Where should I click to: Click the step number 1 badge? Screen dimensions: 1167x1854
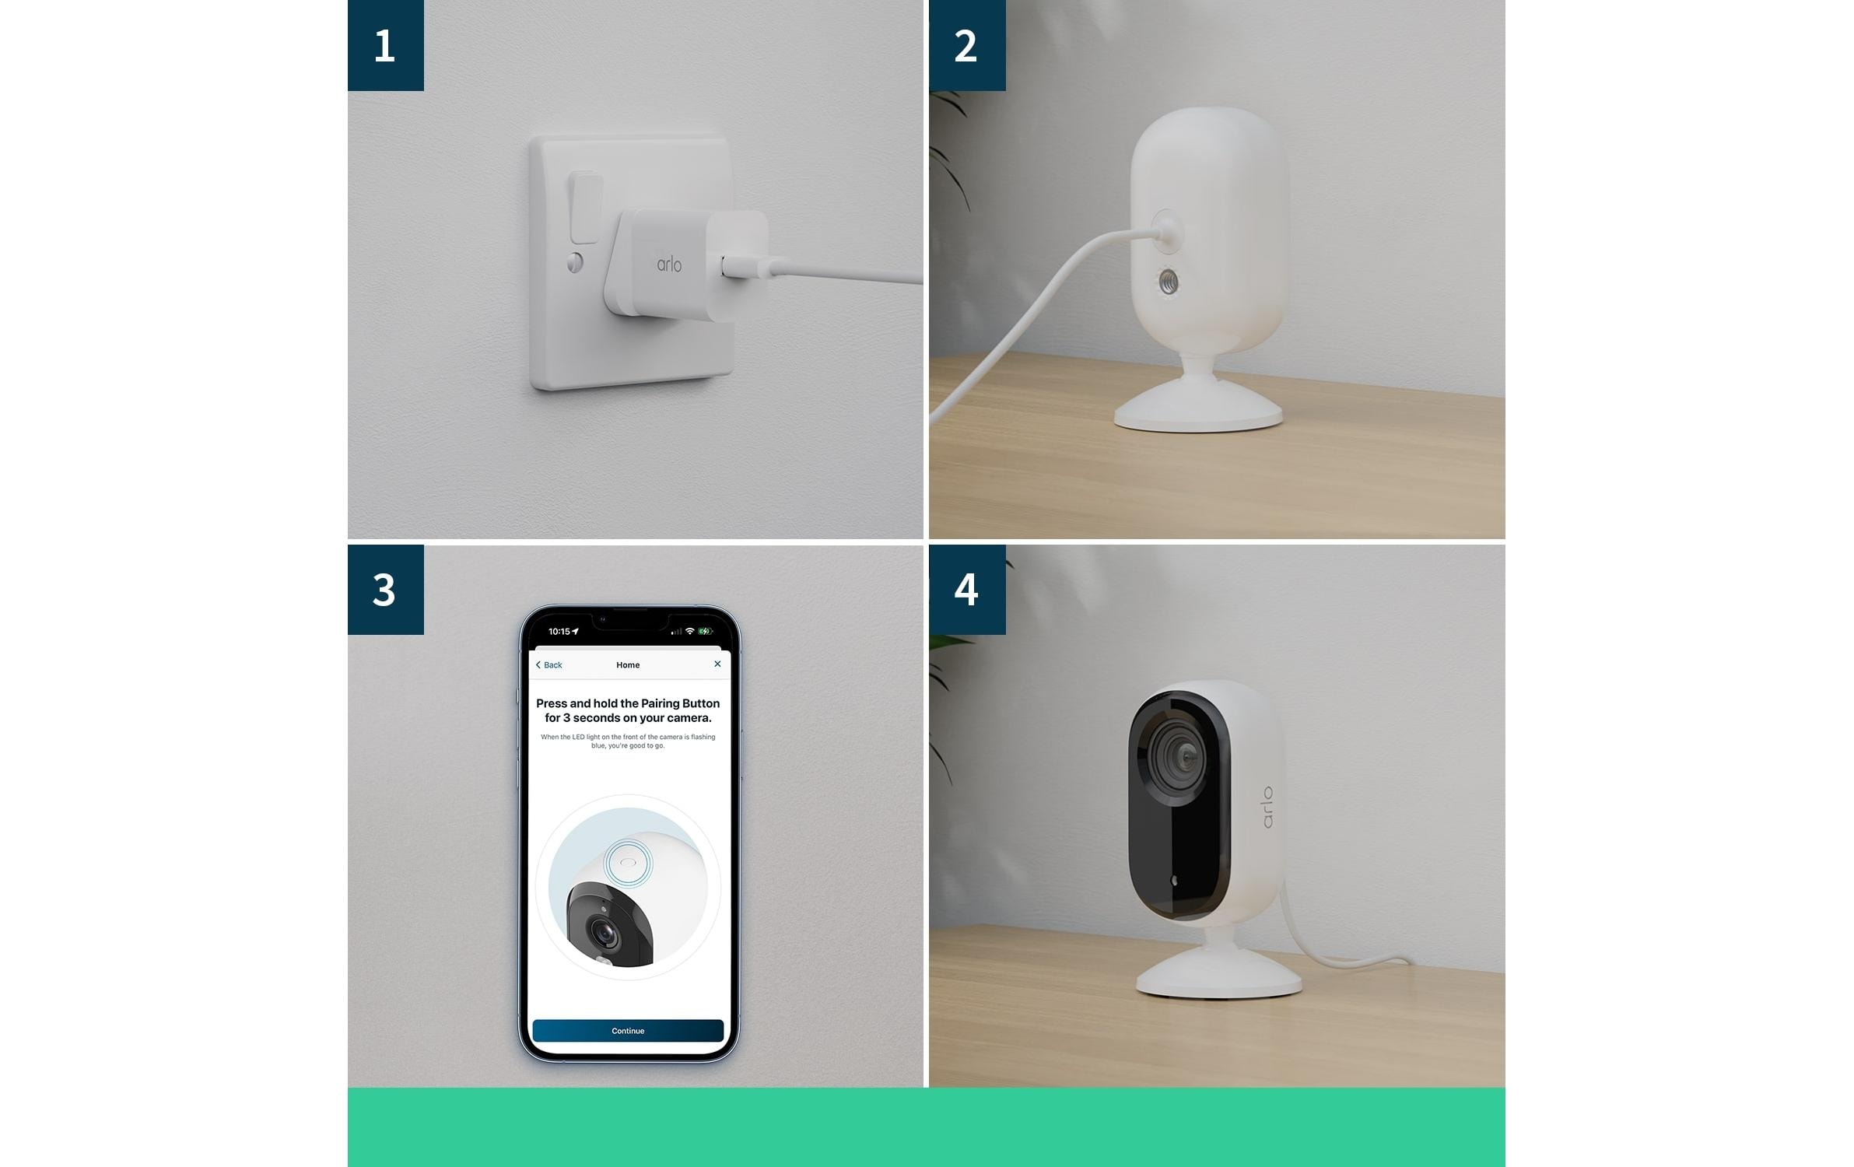[x=385, y=45]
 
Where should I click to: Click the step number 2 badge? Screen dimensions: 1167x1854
[x=966, y=45]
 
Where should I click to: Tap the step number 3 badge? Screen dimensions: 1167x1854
[x=385, y=589]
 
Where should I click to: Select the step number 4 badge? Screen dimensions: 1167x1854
[x=966, y=589]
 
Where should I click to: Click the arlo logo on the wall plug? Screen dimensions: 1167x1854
[x=669, y=265]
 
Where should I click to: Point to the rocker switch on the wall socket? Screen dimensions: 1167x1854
[x=585, y=208]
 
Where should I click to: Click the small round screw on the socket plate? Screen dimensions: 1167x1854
[x=575, y=262]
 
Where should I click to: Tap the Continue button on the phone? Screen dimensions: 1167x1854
[x=628, y=1031]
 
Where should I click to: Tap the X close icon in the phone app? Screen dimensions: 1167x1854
[x=717, y=664]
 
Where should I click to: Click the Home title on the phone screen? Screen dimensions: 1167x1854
[x=628, y=665]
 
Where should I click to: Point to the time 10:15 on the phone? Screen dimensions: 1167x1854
[x=559, y=632]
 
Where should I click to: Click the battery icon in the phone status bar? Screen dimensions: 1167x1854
[x=705, y=631]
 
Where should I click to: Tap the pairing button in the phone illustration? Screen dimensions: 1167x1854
[x=629, y=862]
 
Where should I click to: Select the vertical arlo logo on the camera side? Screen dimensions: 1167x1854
[x=1267, y=808]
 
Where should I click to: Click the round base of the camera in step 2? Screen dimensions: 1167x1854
[x=1197, y=412]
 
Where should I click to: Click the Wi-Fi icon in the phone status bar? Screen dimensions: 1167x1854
[x=689, y=631]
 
